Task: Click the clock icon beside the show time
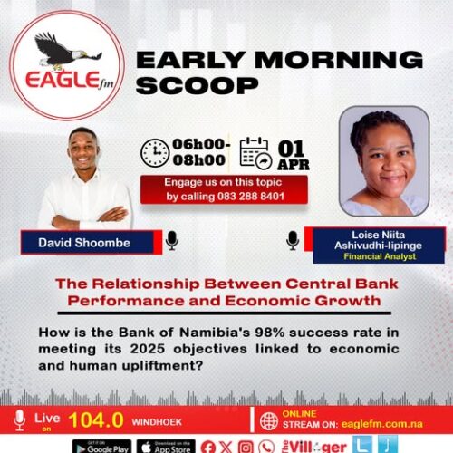[155, 152]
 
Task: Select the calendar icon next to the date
[255, 153]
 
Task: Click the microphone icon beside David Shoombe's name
[171, 240]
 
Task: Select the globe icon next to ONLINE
[269, 420]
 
